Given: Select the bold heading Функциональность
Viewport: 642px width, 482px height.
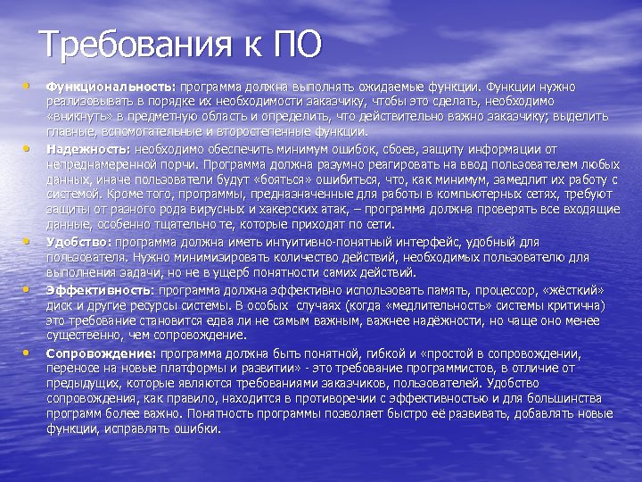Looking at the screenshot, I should pyautogui.click(x=111, y=87).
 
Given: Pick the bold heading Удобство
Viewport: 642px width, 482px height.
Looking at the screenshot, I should pyautogui.click(x=79, y=242).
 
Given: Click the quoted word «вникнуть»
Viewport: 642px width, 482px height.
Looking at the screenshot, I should pyautogui.click(x=78, y=116).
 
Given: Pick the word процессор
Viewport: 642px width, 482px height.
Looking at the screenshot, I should pyautogui.click(x=483, y=291).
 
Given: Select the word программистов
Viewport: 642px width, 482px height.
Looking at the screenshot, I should pyautogui.click(x=489, y=368).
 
